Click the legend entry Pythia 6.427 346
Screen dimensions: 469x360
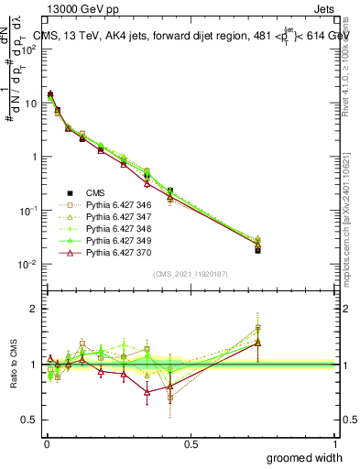(x=114, y=204)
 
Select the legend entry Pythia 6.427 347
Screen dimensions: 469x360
(x=114, y=216)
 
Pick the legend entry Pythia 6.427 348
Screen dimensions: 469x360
(x=114, y=228)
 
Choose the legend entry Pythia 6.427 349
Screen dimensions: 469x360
(x=114, y=240)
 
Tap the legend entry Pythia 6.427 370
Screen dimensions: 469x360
(x=114, y=252)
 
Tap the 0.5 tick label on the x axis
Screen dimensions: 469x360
(x=191, y=443)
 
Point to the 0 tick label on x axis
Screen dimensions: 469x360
(x=46, y=443)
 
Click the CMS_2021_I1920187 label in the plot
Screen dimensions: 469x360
(x=191, y=273)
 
